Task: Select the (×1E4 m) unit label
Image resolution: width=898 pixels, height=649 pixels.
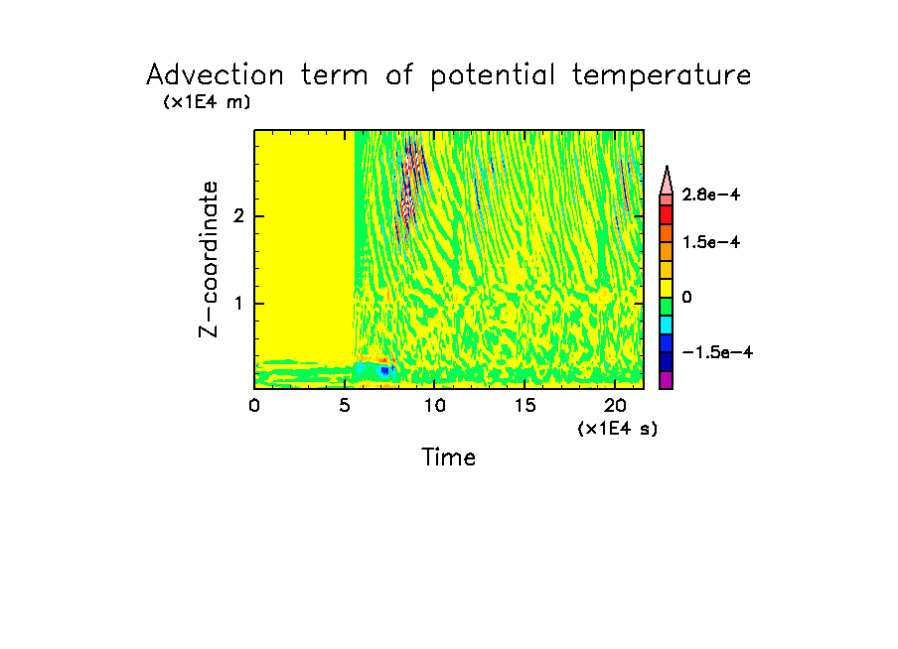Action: tap(207, 102)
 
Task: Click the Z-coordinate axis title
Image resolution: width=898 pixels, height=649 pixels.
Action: tap(209, 258)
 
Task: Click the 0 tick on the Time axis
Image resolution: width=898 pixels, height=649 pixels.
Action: tap(254, 405)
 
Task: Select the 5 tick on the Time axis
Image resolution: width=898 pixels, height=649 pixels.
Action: tap(345, 405)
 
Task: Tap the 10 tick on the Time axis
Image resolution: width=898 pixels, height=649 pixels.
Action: tap(434, 405)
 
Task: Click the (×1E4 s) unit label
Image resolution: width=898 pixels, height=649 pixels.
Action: tap(617, 429)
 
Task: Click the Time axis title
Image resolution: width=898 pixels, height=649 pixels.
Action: tap(449, 457)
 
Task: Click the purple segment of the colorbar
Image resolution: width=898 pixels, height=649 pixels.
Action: tap(667, 380)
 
